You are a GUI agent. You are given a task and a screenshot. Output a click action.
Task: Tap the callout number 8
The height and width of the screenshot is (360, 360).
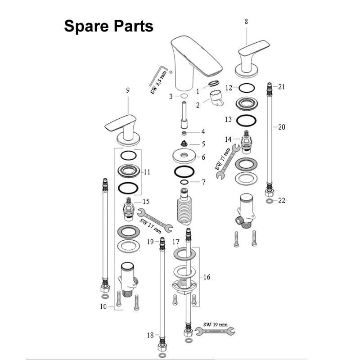246,21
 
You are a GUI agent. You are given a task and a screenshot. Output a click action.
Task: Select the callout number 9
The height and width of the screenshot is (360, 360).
128,90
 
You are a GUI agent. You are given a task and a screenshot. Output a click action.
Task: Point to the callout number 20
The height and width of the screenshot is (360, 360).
282,127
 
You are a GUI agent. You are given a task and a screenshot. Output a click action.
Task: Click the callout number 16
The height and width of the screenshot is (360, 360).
207,277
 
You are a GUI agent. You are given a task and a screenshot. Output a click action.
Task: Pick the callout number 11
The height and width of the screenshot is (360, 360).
147,172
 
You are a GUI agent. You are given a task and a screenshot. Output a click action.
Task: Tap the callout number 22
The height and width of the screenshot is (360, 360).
282,200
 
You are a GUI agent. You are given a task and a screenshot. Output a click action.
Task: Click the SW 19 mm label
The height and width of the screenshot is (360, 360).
215,324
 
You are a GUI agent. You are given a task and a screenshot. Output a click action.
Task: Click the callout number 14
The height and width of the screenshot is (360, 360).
228,139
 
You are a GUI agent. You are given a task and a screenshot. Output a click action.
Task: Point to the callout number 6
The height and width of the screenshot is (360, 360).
203,157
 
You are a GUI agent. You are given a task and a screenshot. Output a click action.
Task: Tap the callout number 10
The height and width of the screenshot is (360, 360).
103,307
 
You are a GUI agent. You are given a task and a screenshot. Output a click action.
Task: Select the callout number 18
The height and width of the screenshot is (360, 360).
150,335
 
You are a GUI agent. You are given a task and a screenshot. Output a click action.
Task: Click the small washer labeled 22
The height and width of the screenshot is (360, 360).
269,201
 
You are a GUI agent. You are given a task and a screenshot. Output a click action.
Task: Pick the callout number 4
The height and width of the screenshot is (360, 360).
203,132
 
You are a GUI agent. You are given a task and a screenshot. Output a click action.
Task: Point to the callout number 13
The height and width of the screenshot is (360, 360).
228,120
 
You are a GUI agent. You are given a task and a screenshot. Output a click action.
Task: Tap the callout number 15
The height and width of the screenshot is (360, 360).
146,202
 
